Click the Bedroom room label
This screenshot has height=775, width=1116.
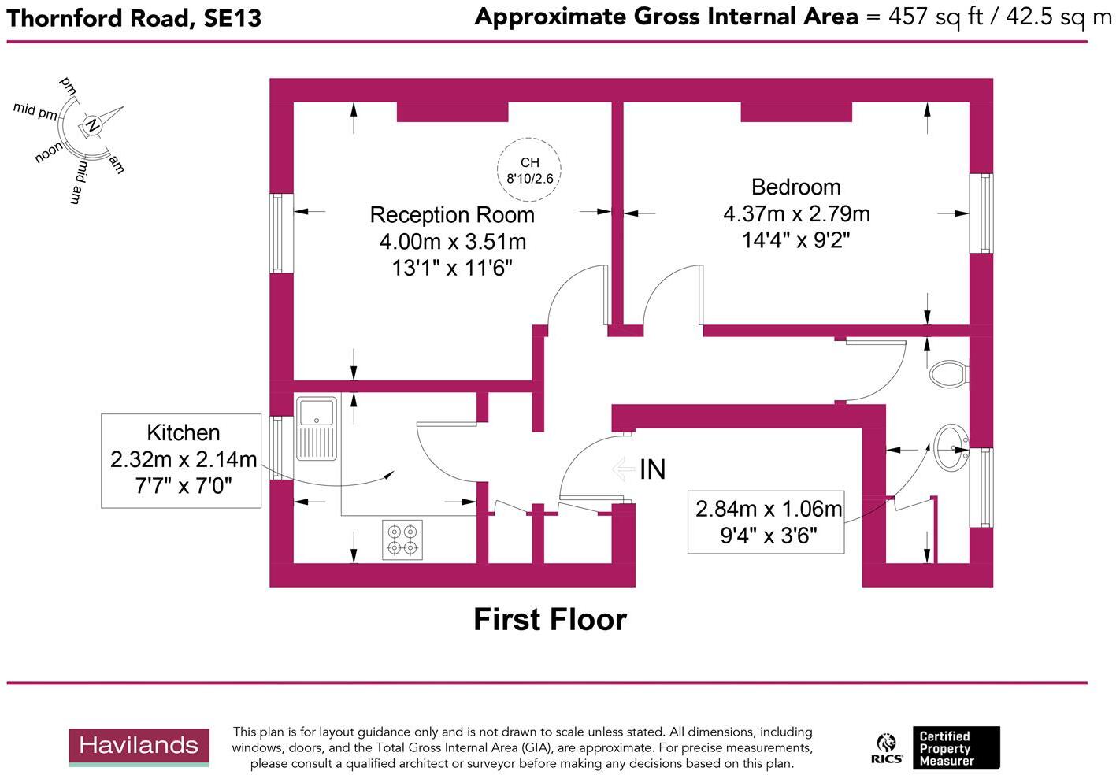tap(795, 187)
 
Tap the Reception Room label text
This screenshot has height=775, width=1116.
tap(452, 215)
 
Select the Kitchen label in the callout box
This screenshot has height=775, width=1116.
tap(183, 432)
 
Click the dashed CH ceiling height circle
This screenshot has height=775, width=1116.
tap(529, 170)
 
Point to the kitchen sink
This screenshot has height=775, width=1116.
tap(317, 428)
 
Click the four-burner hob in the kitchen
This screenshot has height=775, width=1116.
tap(402, 540)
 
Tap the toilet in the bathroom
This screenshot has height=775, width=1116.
tap(949, 373)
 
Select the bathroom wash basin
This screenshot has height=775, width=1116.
tap(951, 448)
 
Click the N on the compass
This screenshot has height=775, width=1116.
tap(92, 125)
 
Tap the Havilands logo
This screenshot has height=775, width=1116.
tap(139, 746)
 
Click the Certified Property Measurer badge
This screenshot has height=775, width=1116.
tap(955, 748)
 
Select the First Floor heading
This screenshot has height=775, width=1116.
tap(550, 620)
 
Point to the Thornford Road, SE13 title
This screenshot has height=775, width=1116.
tap(134, 18)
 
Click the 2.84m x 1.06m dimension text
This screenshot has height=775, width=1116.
tap(768, 509)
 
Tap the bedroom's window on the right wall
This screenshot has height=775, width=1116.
tap(984, 213)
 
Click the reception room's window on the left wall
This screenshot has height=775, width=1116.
tap(278, 233)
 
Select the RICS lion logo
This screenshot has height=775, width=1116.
tap(887, 748)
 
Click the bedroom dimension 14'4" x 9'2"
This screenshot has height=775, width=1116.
tap(795, 240)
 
